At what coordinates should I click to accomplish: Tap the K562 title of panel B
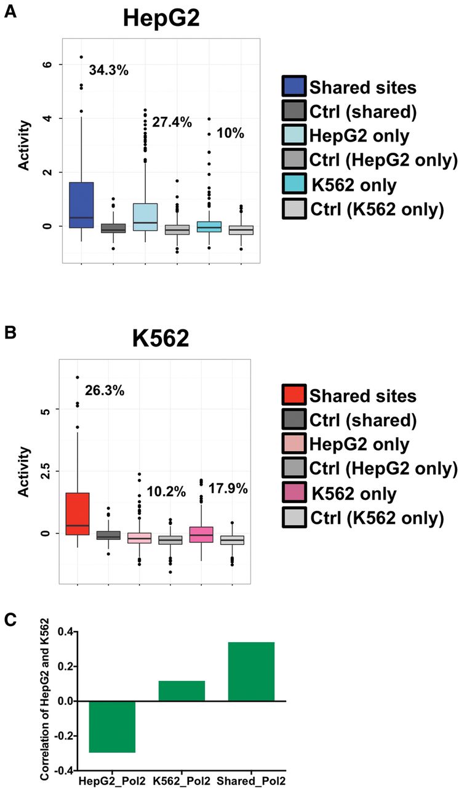coord(161,339)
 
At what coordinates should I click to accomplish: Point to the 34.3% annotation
coord(109,70)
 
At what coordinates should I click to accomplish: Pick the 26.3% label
coord(105,390)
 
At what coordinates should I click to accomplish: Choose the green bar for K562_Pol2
coord(182,691)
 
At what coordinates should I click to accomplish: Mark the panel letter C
coord(10,619)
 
